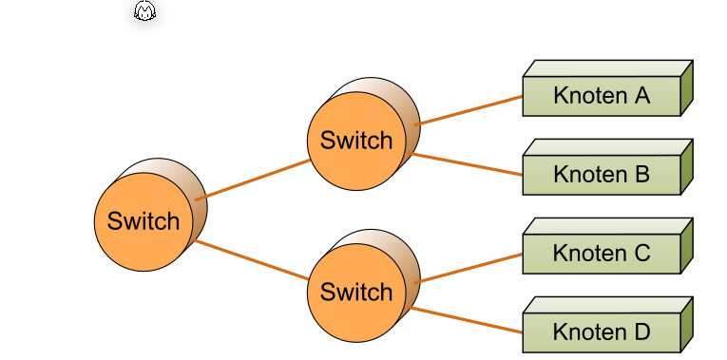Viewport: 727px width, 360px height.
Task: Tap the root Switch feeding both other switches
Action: point(143,221)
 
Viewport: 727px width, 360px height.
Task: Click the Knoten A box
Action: point(601,96)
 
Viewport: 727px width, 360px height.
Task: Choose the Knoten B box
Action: point(601,175)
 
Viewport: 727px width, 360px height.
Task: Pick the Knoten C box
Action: point(601,254)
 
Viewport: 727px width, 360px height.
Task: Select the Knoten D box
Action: point(601,332)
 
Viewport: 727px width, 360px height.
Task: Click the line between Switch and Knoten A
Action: point(469,110)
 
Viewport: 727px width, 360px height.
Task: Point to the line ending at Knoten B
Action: point(469,164)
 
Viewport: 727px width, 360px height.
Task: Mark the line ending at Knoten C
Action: point(469,268)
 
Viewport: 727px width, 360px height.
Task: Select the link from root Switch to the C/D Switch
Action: point(253,261)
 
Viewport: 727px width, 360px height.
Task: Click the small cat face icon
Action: point(144,12)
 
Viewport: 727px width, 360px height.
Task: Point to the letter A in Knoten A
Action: point(641,96)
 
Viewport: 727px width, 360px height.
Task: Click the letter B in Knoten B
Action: point(641,175)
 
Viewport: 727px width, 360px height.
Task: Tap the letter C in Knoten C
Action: point(641,254)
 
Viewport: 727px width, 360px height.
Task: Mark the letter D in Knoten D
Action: point(641,332)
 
